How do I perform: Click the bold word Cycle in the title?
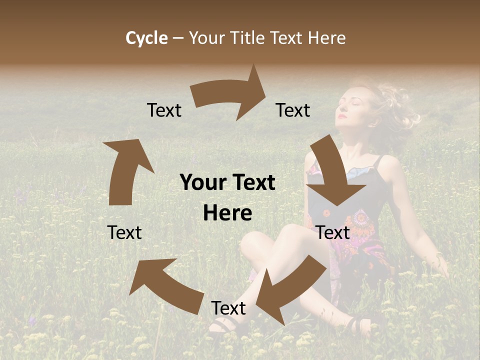point(146,38)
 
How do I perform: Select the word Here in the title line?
point(327,38)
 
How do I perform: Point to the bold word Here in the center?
point(227,213)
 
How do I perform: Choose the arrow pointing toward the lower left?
point(290,290)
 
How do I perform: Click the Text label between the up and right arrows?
point(164,110)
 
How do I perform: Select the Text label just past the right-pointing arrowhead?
point(293,110)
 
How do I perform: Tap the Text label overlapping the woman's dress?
point(332,232)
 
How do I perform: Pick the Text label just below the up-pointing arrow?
point(124,232)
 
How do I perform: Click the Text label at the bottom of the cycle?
point(228,308)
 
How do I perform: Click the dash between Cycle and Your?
point(178,38)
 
